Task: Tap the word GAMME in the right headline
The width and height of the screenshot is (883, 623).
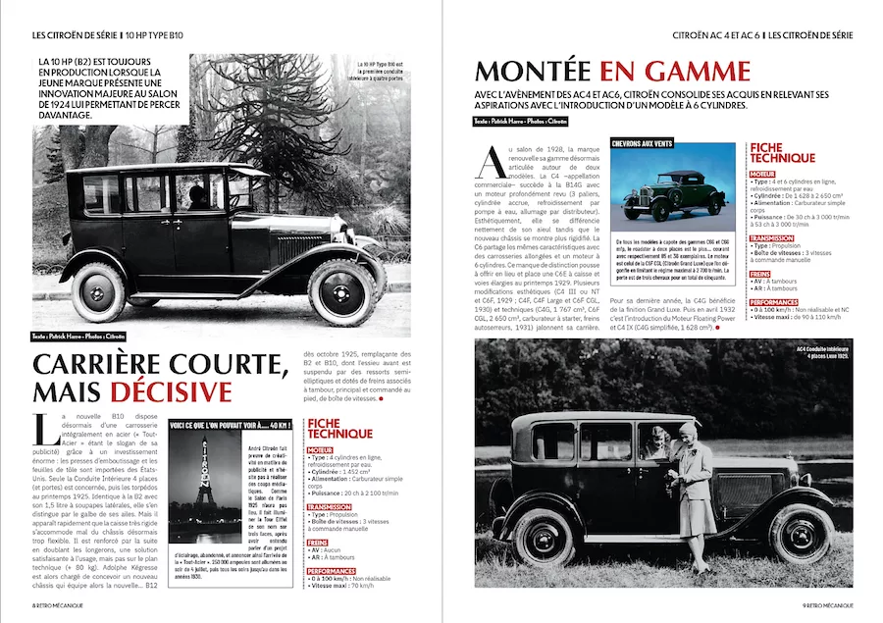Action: click(x=698, y=71)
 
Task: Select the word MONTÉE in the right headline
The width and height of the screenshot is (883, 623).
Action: click(x=533, y=71)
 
